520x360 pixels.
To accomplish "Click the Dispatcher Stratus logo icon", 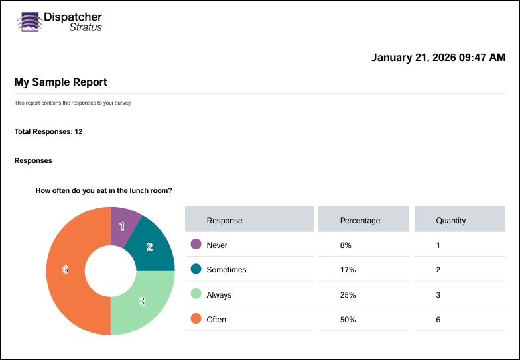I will pos(29,22).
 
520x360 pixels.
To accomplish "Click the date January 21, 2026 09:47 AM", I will pos(438,58).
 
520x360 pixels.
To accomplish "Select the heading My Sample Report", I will pos(61,82).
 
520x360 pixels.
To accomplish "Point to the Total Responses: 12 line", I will pos(48,131).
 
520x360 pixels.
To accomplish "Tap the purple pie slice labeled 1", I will pos(123,225).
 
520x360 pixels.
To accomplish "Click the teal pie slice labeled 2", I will pos(151,247).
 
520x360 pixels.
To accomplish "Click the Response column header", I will pos(225,220).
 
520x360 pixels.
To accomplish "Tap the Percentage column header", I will pos(360,220).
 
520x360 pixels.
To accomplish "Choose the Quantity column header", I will pos(451,220).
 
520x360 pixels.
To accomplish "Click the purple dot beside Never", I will pos(196,245).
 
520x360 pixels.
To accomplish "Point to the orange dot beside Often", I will pos(196,319).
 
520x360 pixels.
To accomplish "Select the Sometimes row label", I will pos(226,270).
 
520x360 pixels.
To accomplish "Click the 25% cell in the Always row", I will pos(348,294).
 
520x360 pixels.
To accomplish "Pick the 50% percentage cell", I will pos(348,320).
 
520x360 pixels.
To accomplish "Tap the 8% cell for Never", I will pos(346,245).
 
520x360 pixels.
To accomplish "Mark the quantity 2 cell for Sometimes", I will pos(438,270).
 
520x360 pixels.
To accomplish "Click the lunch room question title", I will pos(104,190).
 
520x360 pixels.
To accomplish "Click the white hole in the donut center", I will pos(110,270).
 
